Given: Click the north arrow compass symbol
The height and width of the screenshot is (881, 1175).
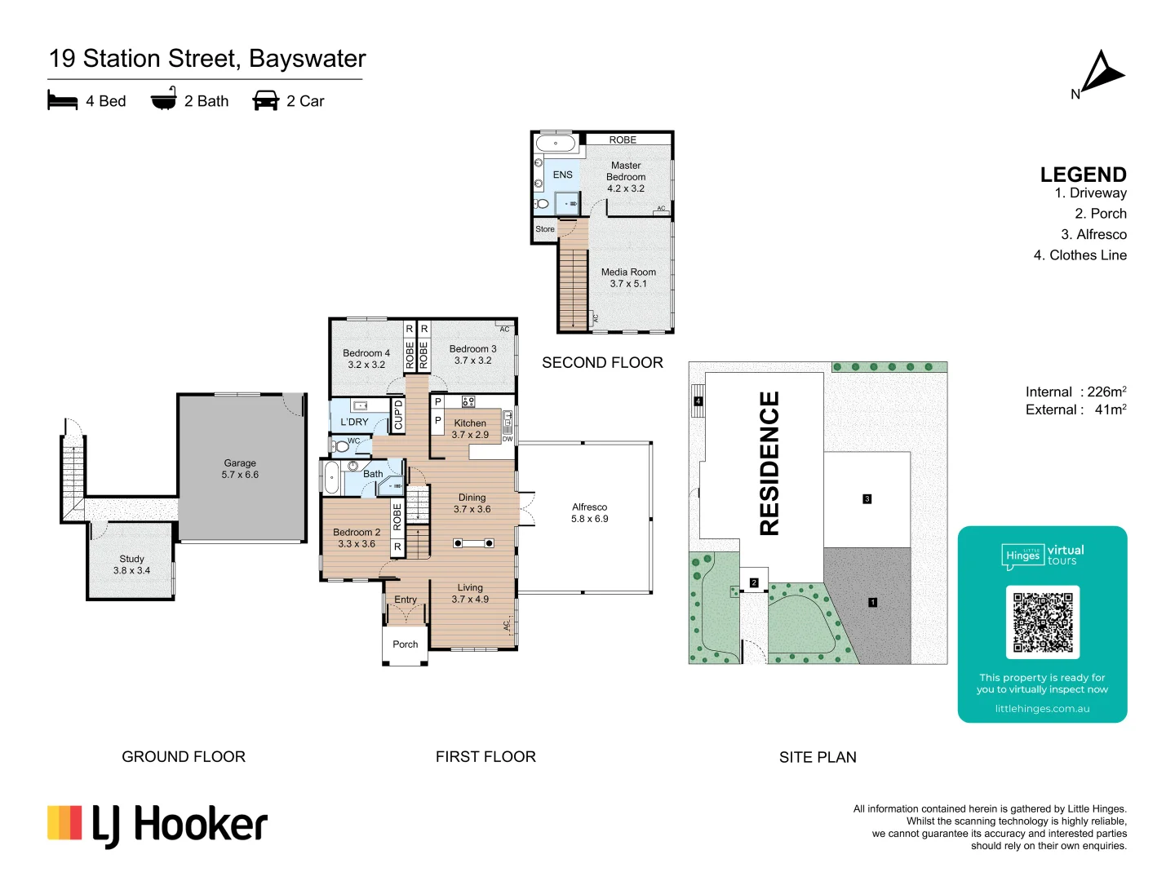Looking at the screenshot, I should click(1101, 73).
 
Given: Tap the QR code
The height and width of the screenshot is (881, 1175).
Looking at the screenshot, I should click(1042, 622).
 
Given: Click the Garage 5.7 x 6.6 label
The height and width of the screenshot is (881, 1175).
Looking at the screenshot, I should click(240, 468).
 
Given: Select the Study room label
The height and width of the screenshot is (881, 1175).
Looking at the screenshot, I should click(131, 564).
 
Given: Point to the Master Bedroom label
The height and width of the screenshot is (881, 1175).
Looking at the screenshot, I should click(626, 176).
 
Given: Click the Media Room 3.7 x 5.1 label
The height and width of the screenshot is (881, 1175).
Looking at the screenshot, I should click(628, 277).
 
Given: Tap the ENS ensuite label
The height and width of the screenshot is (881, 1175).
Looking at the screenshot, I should click(562, 175).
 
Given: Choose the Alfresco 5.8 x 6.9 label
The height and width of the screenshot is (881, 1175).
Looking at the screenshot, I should click(589, 512).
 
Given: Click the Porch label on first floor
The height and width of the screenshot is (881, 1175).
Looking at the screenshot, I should click(405, 644).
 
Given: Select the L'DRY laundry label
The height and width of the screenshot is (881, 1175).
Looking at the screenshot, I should click(354, 422).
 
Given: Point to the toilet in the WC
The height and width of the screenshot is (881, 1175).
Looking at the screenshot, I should click(341, 445).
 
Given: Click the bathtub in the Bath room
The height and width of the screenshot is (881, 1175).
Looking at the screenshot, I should click(331, 477).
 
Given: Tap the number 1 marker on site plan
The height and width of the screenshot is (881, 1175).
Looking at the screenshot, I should click(872, 602).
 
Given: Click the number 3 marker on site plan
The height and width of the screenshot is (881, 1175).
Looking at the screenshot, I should click(867, 498).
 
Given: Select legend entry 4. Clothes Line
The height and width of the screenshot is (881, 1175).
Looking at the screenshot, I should click(1080, 255).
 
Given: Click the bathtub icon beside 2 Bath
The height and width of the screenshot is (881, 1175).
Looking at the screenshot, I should click(163, 99).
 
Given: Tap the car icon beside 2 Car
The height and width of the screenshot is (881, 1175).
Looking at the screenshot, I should click(266, 100).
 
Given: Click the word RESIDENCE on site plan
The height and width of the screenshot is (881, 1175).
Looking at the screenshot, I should click(769, 463).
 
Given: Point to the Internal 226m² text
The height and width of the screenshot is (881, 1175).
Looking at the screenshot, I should click(1075, 392).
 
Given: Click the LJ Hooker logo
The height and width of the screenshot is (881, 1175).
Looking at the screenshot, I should click(157, 825).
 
